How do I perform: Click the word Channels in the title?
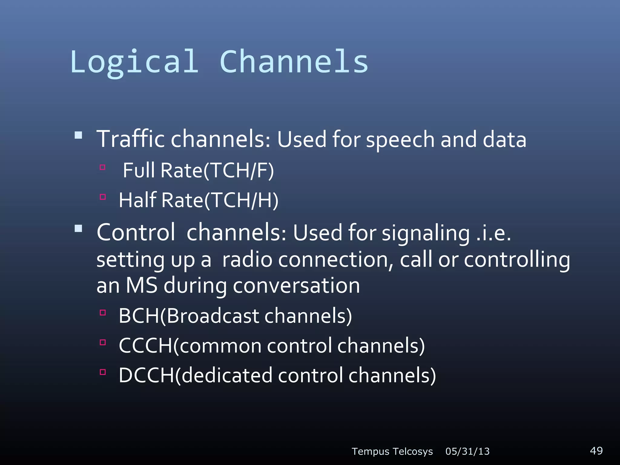click(294, 62)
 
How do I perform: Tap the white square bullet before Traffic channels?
click(78, 135)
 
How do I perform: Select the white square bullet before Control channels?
click(78, 228)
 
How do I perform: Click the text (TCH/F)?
click(239, 170)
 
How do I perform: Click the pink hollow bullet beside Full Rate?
click(103, 167)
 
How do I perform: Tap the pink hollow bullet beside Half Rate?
click(103, 197)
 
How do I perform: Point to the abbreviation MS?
click(141, 285)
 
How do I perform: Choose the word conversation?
click(296, 285)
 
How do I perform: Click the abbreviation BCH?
click(139, 316)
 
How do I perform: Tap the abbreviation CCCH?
click(146, 346)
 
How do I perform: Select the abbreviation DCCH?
click(147, 375)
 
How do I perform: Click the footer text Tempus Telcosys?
click(392, 451)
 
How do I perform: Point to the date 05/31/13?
click(467, 451)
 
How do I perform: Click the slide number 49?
click(596, 450)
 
